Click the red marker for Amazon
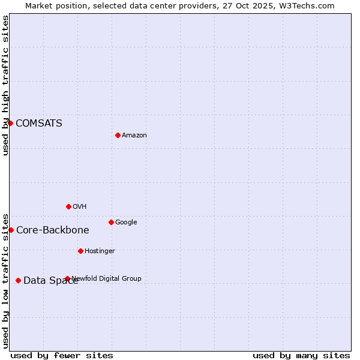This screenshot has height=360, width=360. click(118, 135)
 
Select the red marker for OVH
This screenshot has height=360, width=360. click(68, 206)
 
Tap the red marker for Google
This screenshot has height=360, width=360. click(111, 222)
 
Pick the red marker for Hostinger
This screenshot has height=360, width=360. click(80, 251)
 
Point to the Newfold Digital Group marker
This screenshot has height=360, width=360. click(67, 278)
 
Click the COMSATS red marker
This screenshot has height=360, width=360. click(10, 123)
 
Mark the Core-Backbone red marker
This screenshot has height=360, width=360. click(11, 230)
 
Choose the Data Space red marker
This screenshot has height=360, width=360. click(18, 280)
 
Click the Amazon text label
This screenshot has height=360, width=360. click(134, 136)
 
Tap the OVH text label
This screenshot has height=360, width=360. click(80, 207)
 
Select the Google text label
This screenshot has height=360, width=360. click(126, 223)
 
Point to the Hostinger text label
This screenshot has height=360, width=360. click(100, 251)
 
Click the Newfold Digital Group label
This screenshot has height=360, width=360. click(107, 278)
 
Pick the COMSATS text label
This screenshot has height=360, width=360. click(39, 124)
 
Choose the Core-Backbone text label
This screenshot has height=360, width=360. click(53, 230)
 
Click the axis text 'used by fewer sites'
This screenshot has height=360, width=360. click(62, 355)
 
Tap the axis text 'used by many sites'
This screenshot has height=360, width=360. click(301, 355)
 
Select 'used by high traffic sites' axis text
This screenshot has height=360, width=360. click(5, 85)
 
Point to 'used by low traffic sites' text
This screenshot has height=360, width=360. click(5, 280)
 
